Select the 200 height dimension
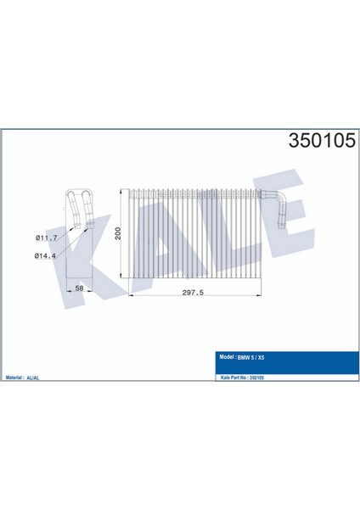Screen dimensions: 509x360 (x=120, y=234)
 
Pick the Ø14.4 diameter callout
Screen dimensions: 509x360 (x=47, y=255)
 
